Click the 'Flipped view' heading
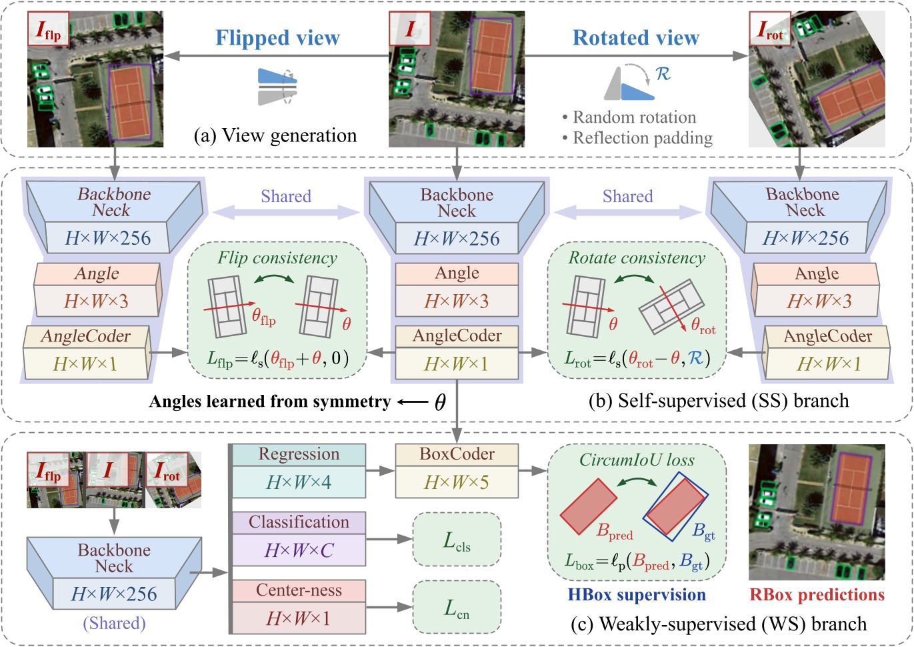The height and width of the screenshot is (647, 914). tap(277, 38)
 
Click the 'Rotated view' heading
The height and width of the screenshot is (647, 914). tap(635, 38)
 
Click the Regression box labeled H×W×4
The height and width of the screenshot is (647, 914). tap(299, 470)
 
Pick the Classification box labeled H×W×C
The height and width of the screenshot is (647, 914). tap(299, 538)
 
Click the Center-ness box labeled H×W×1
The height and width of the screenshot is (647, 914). tap(299, 606)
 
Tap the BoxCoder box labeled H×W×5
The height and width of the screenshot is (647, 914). tap(457, 470)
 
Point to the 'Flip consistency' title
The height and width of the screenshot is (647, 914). tap(277, 258)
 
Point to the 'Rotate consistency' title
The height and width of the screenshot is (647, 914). tap(636, 258)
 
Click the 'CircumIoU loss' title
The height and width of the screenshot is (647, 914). tap(637, 460)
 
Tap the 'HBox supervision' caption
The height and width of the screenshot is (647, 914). tap(637, 594)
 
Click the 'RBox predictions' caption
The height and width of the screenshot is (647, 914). tap(817, 594)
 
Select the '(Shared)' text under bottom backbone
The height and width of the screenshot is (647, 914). tap(114, 623)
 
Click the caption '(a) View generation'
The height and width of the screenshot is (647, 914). tap(275, 135)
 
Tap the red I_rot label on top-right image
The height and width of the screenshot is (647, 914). tap(770, 30)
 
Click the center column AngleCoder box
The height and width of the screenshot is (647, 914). tap(457, 350)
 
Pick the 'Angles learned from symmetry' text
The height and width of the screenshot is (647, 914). tap(269, 401)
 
